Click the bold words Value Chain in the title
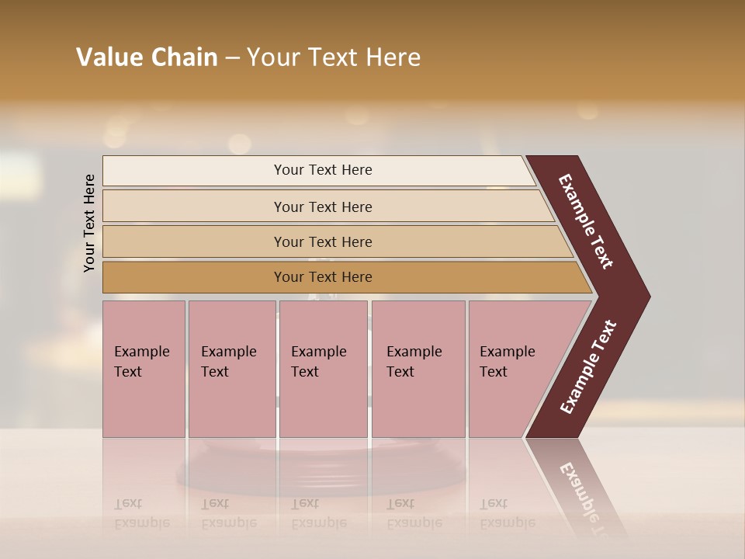(147, 57)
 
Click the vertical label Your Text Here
(90, 223)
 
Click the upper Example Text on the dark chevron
(587, 222)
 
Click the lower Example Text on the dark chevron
(588, 367)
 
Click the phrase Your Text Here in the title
(334, 57)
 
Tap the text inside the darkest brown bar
(323, 277)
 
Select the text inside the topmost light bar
(323, 170)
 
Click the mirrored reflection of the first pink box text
(141, 513)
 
